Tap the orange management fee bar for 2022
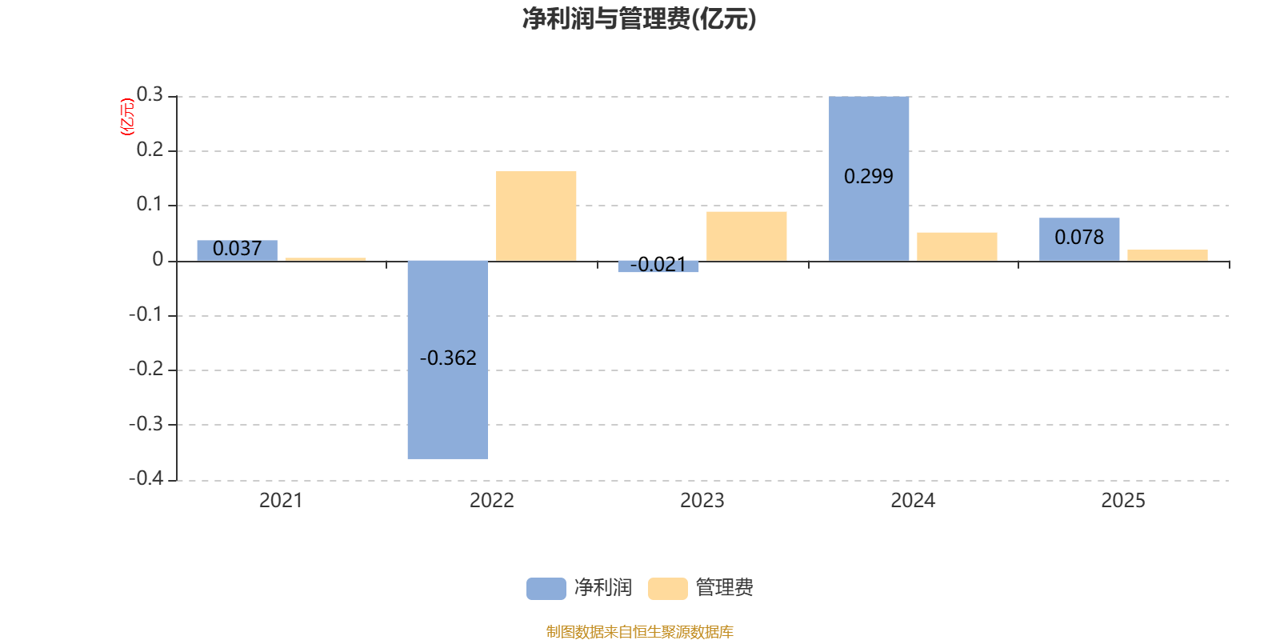click(x=536, y=215)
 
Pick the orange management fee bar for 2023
click(x=746, y=236)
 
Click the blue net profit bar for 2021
click(x=237, y=250)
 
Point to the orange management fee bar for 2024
click(x=957, y=246)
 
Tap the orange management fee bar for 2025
click(x=1167, y=255)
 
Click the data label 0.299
click(x=869, y=177)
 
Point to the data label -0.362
click(x=448, y=358)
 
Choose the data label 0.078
click(x=1079, y=238)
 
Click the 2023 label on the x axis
click(x=702, y=501)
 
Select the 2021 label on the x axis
click(x=281, y=501)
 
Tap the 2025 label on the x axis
click(x=1123, y=501)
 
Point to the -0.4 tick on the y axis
click(x=146, y=478)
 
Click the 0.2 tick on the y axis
click(x=150, y=150)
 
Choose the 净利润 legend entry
click(x=579, y=588)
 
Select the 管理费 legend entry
click(x=701, y=588)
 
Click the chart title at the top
click(x=639, y=18)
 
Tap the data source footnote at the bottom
click(x=639, y=632)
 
